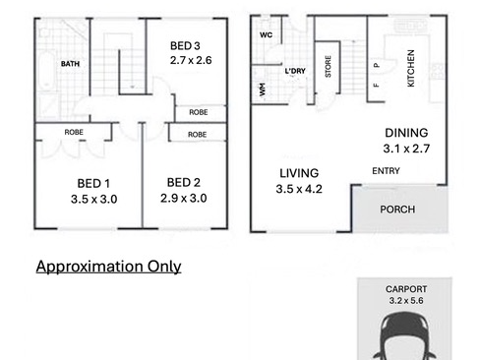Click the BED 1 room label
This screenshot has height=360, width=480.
click(93, 183)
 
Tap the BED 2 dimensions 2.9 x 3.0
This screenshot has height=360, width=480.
click(184, 198)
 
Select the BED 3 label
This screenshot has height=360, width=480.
click(185, 46)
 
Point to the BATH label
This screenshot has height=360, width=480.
click(70, 64)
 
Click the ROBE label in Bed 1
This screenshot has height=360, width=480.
click(74, 132)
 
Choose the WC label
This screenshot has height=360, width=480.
click(266, 34)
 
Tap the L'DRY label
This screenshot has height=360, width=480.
click(295, 71)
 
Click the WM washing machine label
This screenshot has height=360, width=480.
click(262, 90)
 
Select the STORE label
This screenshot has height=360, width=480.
click(328, 67)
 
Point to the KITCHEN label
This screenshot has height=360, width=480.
click(410, 68)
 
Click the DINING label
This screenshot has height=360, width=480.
click(406, 133)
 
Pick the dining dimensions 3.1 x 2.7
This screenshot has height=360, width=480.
click(406, 149)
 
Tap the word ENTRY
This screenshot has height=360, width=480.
click(386, 171)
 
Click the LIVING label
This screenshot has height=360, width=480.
click(299, 173)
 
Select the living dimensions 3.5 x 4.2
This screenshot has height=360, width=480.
click(299, 189)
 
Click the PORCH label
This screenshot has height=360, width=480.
click(397, 210)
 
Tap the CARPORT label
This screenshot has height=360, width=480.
click(406, 289)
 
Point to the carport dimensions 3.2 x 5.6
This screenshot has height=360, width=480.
click(406, 300)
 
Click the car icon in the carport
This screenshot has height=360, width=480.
click(404, 336)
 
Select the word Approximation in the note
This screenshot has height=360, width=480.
click(90, 267)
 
